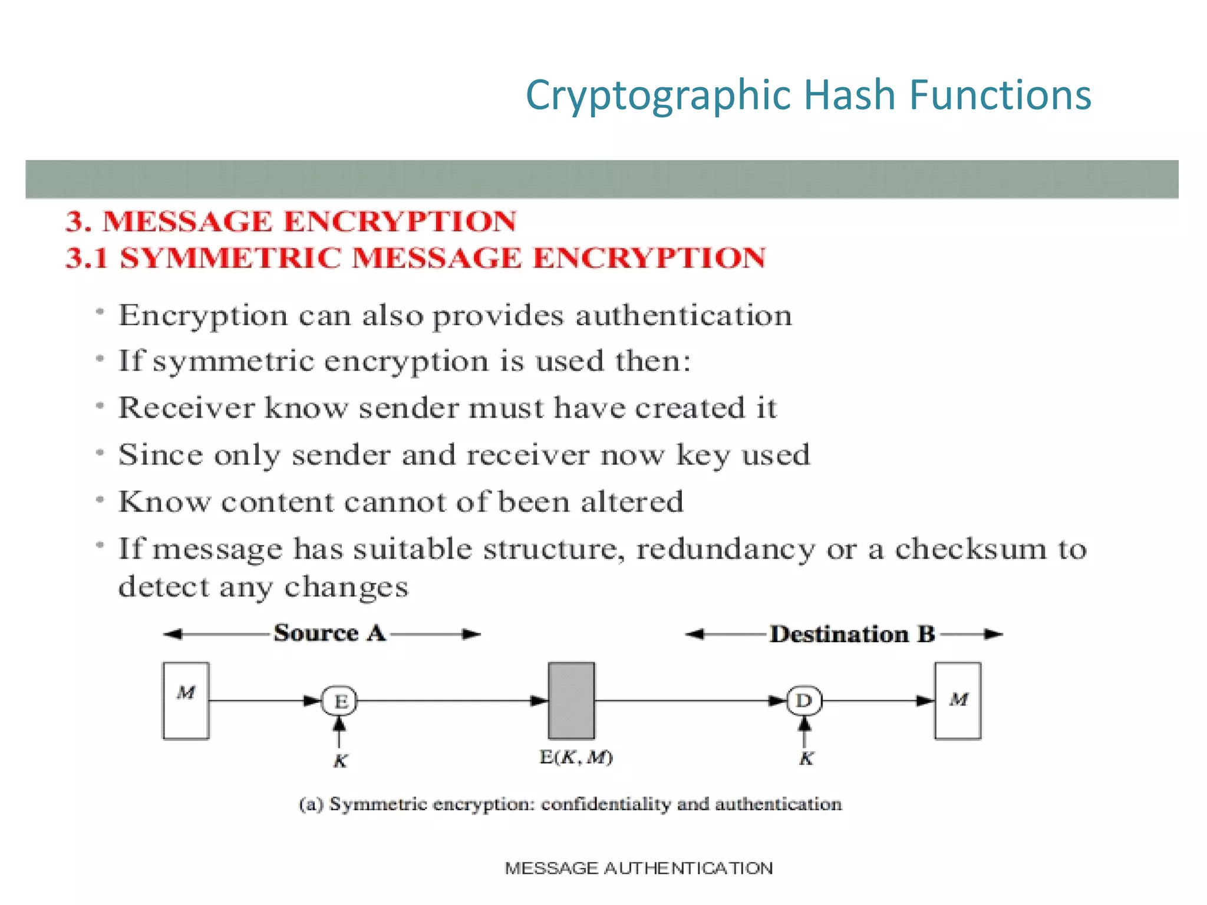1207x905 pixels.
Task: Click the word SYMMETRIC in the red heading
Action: [230, 258]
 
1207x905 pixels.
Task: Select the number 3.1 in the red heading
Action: [87, 258]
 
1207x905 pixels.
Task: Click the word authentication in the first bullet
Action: [684, 316]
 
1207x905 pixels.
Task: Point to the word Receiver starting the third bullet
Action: [187, 408]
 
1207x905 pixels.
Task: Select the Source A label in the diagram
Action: [329, 633]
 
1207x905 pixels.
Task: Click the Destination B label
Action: [852, 634]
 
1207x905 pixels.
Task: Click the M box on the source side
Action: [186, 700]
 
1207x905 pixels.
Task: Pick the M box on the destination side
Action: [958, 700]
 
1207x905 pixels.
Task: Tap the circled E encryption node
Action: [339, 701]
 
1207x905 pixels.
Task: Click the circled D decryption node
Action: [804, 701]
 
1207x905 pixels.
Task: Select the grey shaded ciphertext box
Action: [571, 700]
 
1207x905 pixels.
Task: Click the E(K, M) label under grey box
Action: [576, 757]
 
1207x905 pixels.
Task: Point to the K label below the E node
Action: [340, 761]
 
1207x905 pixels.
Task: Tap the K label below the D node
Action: [806, 758]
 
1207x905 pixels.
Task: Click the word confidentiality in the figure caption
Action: [606, 804]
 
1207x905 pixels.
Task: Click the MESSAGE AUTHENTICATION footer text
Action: [639, 868]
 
